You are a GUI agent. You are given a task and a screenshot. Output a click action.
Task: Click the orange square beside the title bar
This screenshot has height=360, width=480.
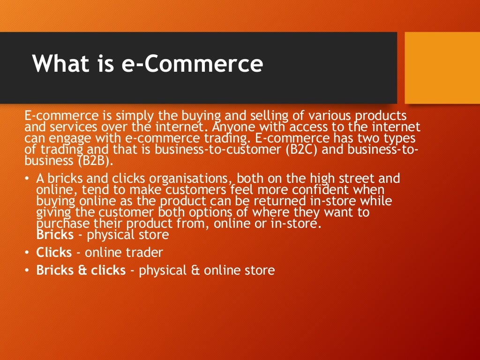click(x=442, y=67)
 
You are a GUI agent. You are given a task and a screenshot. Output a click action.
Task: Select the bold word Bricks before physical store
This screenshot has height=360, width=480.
click(x=55, y=234)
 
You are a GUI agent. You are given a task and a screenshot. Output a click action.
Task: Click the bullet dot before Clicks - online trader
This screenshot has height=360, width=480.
click(x=28, y=253)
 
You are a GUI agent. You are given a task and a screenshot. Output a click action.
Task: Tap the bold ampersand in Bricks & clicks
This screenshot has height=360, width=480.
click(x=82, y=270)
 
